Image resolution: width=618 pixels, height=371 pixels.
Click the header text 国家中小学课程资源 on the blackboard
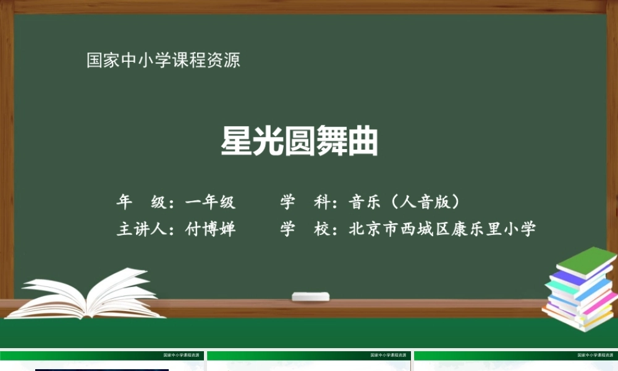coord(163,61)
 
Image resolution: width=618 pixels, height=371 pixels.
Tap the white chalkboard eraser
coord(310,297)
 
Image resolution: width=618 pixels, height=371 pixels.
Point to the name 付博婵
coord(211,229)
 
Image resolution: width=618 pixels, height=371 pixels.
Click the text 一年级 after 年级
coord(211,202)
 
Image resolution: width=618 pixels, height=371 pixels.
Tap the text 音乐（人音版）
coord(405,202)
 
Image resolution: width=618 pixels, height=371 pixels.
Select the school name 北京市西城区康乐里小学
coord(442,229)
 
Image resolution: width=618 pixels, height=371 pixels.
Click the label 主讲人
coord(140,229)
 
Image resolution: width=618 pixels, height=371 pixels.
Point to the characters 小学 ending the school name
coord(520,229)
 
